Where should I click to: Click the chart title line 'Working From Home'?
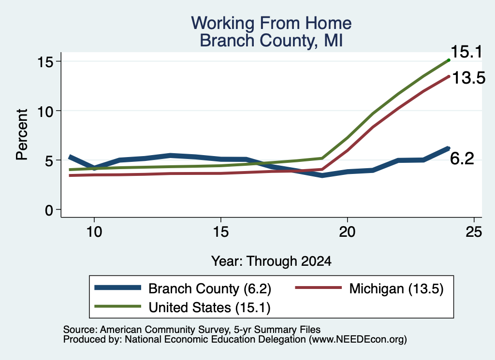271,23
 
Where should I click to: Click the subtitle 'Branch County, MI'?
271,41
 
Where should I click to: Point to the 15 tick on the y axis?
45,62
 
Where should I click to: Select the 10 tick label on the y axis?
45,111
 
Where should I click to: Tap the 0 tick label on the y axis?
49,210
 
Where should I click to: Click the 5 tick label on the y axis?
49,160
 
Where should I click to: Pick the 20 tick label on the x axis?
347,232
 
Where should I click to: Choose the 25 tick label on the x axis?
474,232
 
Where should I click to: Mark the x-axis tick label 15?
220,232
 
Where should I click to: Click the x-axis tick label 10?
94,232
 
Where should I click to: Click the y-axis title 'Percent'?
22,135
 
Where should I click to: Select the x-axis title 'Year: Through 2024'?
271,261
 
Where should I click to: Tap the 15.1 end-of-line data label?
466,52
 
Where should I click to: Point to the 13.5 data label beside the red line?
469,78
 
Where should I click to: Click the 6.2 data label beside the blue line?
462,158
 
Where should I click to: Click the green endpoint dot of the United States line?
449,60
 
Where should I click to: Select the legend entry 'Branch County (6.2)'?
183,288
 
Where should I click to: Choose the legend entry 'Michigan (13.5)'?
369,288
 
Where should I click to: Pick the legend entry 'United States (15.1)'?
182,307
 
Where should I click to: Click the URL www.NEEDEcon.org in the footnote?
358,340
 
